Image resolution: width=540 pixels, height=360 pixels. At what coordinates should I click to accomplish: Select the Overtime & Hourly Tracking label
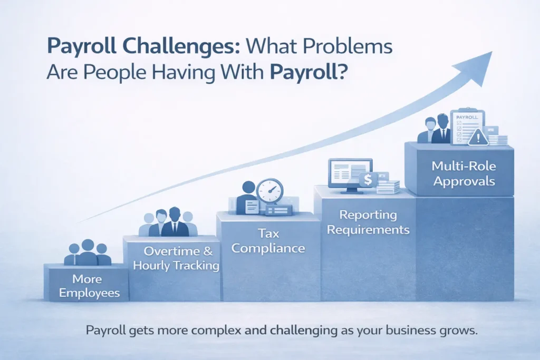click(176, 258)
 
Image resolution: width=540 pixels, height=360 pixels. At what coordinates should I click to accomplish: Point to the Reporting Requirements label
click(367, 222)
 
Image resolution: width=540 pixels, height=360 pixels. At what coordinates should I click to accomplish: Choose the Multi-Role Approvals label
click(463, 173)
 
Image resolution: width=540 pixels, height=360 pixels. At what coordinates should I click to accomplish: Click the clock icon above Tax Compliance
click(270, 191)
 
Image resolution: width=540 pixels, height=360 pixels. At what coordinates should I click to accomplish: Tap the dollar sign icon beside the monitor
click(368, 180)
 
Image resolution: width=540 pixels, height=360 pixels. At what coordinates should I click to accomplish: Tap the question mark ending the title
click(341, 71)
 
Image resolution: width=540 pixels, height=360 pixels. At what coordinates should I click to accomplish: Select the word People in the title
click(110, 71)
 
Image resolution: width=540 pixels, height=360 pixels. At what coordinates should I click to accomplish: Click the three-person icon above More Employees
click(88, 253)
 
